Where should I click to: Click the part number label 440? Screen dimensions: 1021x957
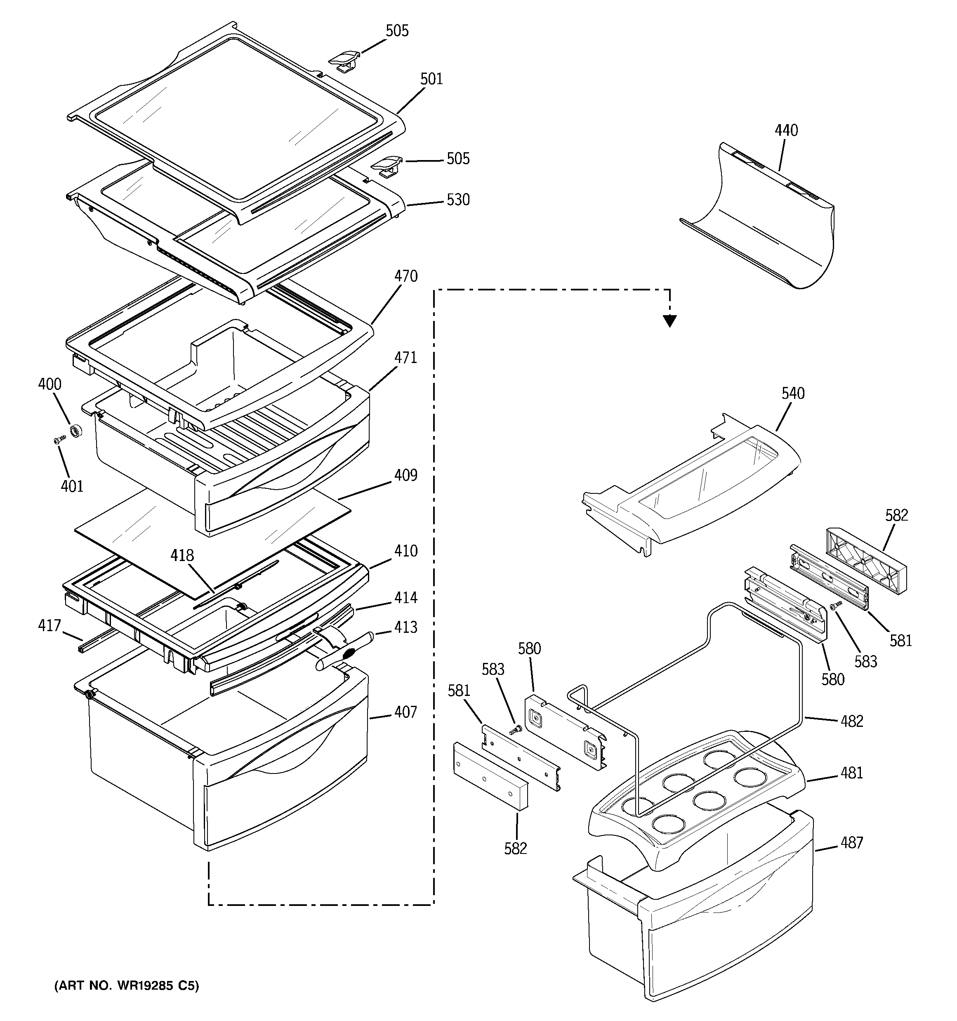coord(786,130)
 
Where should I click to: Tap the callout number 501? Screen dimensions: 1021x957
coord(431,79)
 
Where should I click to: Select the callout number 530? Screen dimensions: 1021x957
coord(458,200)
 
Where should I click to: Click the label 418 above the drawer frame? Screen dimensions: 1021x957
coord(182,556)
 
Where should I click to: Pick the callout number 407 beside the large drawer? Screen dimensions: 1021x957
coord(405,712)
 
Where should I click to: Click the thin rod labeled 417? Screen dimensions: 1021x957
coord(95,642)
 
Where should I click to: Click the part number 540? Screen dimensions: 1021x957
coord(793,394)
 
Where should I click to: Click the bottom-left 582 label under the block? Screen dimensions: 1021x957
coord(515,849)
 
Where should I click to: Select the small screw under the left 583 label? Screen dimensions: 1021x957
coord(515,729)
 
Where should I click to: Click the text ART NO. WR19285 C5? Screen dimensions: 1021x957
coord(126,986)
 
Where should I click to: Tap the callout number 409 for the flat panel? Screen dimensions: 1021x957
coord(405,476)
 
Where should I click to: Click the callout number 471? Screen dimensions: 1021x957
coord(405,358)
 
